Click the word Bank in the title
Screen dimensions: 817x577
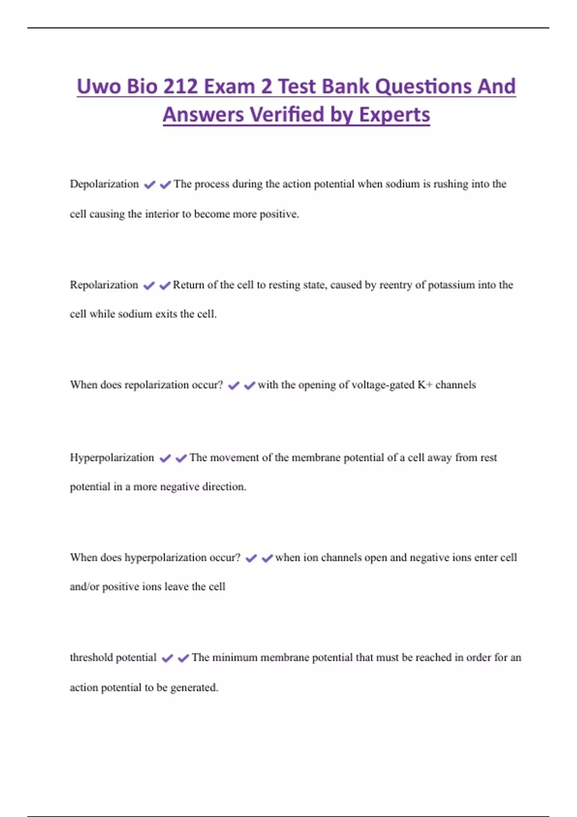click(x=346, y=87)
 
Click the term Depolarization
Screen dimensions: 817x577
click(x=104, y=184)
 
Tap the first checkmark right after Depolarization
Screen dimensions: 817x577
click(x=150, y=185)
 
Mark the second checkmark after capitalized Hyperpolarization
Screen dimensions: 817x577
click(x=181, y=458)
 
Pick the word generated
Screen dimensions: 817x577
click(x=194, y=688)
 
